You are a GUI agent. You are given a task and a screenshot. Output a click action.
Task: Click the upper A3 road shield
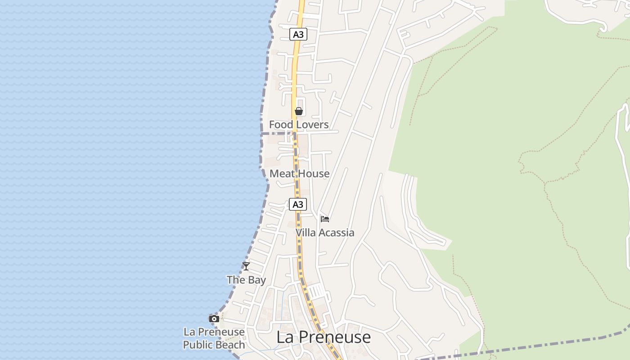(x=298, y=34)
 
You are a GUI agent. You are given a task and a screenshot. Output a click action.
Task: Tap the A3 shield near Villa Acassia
(x=297, y=204)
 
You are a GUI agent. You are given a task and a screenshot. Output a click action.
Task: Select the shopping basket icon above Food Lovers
(x=299, y=111)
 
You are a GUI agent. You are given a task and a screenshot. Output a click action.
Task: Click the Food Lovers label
(x=299, y=125)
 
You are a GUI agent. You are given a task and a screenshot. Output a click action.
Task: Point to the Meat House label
(x=299, y=174)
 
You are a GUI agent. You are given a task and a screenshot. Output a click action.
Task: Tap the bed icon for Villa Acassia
(x=325, y=219)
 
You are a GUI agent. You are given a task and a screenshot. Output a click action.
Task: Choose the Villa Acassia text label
(x=325, y=233)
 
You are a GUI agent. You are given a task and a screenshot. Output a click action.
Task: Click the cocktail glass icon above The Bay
(x=246, y=266)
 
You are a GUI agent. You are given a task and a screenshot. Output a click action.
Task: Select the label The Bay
(x=246, y=280)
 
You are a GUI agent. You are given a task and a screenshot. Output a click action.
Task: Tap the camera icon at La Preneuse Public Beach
(x=214, y=319)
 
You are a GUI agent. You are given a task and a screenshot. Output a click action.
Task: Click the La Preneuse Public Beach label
(x=214, y=338)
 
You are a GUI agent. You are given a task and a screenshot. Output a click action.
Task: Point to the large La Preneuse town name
(x=324, y=337)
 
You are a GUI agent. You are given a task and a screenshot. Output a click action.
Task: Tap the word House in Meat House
(x=314, y=174)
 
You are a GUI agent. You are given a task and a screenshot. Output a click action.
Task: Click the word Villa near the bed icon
(x=305, y=233)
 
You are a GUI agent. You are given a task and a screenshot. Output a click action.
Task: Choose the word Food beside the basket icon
(x=279, y=125)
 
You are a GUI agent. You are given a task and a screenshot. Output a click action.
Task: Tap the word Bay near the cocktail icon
(x=256, y=280)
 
